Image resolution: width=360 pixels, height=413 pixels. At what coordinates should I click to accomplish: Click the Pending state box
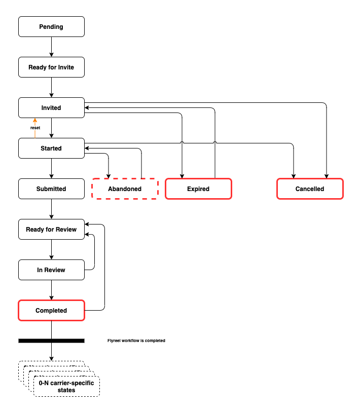(x=51, y=27)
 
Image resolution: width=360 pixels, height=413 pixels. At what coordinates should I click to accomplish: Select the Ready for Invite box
(x=51, y=67)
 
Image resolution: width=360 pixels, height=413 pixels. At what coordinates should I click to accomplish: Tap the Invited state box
(x=51, y=108)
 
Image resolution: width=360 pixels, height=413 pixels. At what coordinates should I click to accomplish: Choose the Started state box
(x=51, y=148)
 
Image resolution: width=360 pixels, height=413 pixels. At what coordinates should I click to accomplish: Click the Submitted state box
(x=51, y=189)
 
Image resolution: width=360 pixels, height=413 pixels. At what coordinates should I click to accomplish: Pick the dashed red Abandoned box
(x=125, y=189)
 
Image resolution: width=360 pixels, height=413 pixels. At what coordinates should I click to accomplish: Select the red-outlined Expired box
(x=198, y=189)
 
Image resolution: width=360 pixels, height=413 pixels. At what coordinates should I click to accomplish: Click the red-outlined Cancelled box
(x=310, y=189)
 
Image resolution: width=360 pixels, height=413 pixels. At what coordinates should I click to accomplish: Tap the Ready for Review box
(x=51, y=230)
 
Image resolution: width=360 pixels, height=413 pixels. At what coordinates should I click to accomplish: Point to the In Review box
(x=51, y=270)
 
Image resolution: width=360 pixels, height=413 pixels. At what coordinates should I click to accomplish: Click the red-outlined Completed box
(x=51, y=311)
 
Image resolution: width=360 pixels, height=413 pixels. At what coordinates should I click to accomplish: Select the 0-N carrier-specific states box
(x=66, y=387)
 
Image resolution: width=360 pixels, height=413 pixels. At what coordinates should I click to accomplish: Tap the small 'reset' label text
(x=35, y=128)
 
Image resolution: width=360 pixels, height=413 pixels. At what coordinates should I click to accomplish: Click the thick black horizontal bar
(x=51, y=341)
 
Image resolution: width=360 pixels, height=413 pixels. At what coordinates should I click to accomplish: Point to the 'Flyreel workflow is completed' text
(x=136, y=341)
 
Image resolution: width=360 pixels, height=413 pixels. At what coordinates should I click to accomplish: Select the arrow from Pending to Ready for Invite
(x=51, y=47)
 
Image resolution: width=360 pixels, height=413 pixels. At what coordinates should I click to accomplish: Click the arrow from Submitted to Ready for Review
(x=51, y=209)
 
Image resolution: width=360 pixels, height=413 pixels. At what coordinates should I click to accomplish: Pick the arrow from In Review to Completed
(x=51, y=290)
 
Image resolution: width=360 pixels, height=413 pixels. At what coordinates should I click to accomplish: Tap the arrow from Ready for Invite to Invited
(x=51, y=88)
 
